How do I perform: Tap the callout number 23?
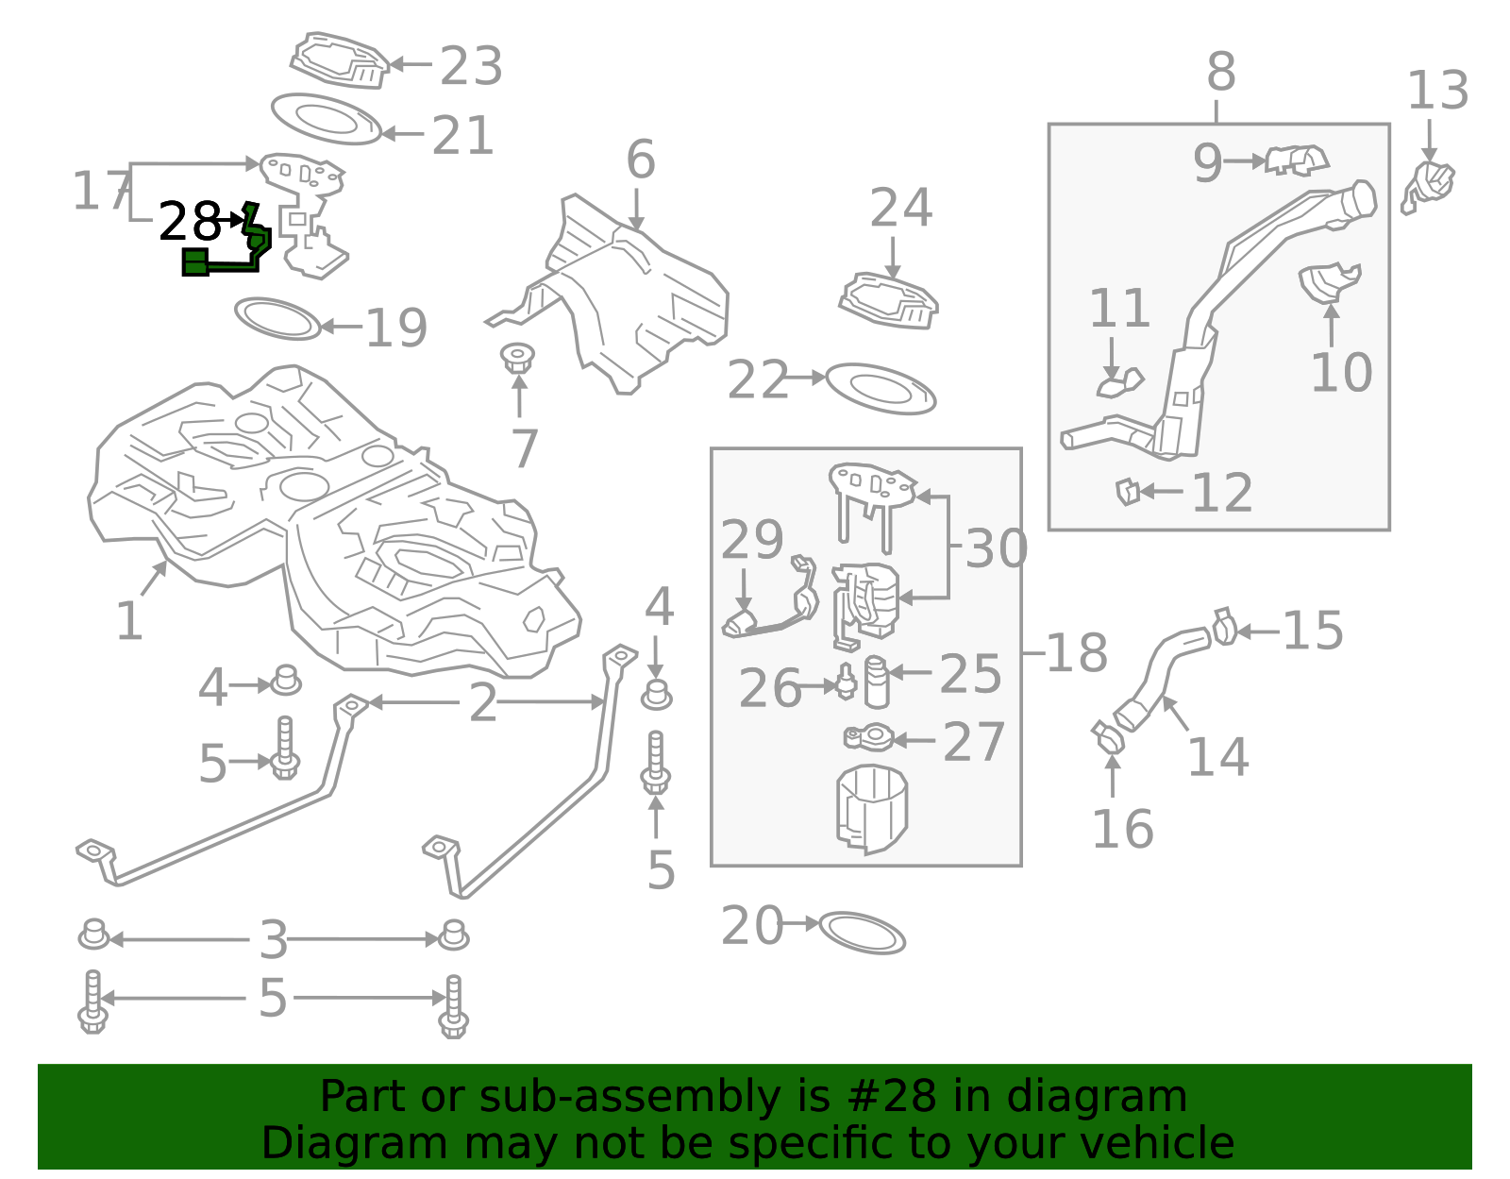(x=471, y=66)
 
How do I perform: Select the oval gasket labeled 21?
(x=326, y=118)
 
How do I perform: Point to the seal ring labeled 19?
(x=277, y=319)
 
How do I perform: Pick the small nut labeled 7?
(x=517, y=359)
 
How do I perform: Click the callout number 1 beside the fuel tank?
(x=128, y=621)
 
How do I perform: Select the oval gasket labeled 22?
(x=881, y=388)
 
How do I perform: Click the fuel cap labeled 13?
(x=1431, y=184)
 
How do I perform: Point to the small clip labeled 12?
(x=1127, y=492)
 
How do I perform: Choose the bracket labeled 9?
(x=1297, y=160)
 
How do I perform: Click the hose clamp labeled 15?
(x=1224, y=628)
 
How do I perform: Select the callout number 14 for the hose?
(x=1217, y=756)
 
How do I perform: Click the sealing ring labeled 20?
(x=862, y=933)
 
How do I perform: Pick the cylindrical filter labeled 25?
(x=877, y=682)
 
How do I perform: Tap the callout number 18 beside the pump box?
(x=1077, y=652)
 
